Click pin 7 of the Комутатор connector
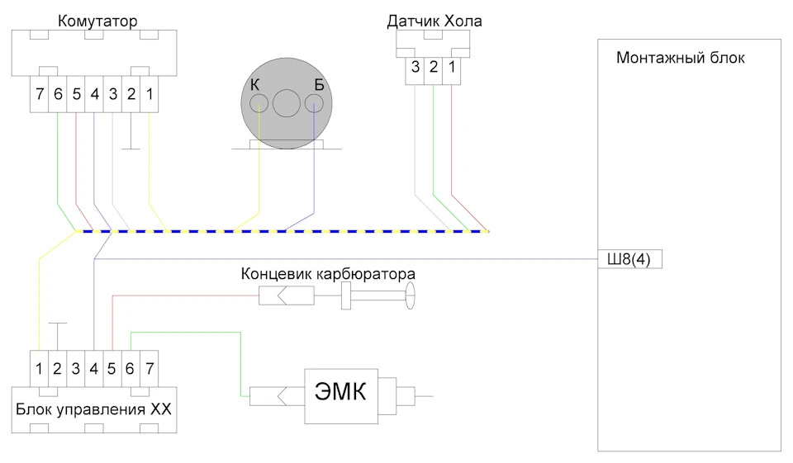[40, 94]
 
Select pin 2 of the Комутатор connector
[131, 94]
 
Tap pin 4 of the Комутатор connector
[94, 94]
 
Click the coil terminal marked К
[259, 104]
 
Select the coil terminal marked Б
[314, 104]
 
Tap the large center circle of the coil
[287, 103]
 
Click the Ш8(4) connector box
[629, 259]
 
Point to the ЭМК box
[341, 396]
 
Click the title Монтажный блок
[680, 58]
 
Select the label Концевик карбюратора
[328, 274]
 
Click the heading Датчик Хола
[434, 21]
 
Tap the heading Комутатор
[97, 21]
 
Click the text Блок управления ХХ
[93, 409]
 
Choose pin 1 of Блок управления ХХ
[39, 369]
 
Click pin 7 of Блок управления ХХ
[150, 369]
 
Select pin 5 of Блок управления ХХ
[112, 369]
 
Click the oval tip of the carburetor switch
[411, 295]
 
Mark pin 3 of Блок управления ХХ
[76, 369]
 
